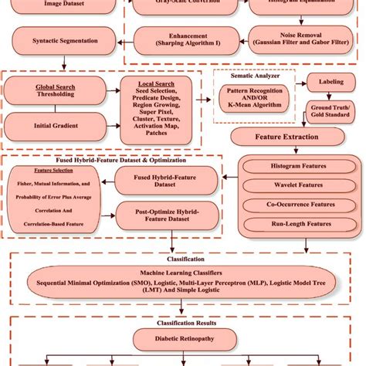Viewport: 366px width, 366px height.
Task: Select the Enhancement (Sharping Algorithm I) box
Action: click(171, 39)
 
